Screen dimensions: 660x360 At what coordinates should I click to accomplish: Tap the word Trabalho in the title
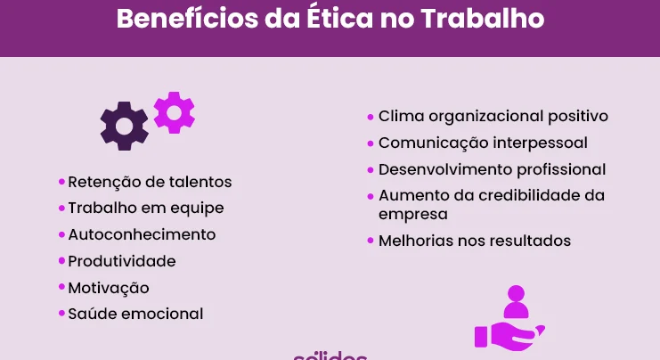coord(483,18)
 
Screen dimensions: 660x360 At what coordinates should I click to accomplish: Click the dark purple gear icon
coord(124,126)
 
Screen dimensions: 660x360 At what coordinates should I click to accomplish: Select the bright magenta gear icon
coord(175,113)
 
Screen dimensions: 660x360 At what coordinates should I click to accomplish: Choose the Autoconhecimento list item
coord(142,234)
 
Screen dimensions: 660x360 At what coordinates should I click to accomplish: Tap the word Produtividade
coord(122,261)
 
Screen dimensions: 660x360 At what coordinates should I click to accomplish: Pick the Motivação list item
coord(109,288)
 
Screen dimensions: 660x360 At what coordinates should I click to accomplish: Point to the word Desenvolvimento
coord(444,169)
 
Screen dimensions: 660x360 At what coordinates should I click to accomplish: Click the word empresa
coord(413,215)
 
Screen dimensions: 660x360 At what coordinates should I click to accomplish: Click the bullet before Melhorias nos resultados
coord(371,241)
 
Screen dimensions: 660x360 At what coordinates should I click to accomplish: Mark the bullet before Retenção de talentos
coord(61,182)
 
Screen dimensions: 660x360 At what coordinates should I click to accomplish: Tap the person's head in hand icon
coord(516,293)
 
